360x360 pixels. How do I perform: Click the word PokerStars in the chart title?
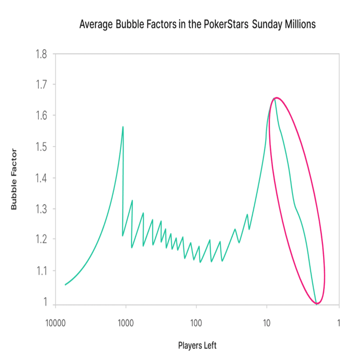[226, 24]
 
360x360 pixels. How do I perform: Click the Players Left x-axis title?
[197, 346]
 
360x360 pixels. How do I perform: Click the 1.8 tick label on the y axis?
[41, 54]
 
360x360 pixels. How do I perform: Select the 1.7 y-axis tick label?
[41, 85]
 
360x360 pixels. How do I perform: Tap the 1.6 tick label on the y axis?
[41, 116]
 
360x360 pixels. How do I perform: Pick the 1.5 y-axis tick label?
[41, 147]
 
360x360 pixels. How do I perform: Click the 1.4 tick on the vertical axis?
[41, 177]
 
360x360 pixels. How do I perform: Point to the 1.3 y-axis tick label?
[41, 208]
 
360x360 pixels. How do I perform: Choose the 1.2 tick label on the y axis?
[41, 239]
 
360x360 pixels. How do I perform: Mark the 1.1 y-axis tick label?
[41, 271]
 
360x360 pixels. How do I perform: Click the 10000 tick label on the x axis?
[55, 323]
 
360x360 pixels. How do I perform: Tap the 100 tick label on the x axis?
[196, 323]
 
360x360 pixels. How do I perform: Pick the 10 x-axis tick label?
[267, 323]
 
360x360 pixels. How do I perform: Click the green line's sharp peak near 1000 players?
[123, 127]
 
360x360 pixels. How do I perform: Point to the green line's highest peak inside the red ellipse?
[276, 98]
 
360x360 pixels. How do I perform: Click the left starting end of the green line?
[65, 284]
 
